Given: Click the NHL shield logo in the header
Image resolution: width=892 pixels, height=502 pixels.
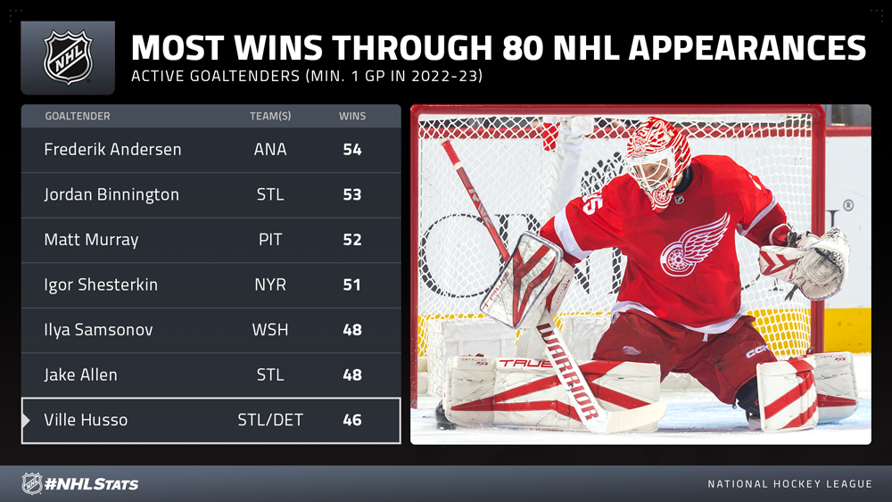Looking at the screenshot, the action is [69, 57].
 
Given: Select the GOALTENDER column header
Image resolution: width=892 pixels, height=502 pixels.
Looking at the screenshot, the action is [78, 116].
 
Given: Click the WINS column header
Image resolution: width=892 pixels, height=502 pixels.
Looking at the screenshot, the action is [352, 116].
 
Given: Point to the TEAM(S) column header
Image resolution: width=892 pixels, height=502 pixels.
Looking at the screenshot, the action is [270, 116].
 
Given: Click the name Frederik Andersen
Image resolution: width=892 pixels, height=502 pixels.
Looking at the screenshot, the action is [112, 150].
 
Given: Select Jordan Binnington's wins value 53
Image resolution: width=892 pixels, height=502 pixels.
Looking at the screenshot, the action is [352, 194].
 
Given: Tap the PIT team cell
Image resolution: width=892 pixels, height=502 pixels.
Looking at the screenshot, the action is [270, 239].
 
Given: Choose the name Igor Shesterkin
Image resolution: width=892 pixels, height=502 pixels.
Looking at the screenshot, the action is [101, 284].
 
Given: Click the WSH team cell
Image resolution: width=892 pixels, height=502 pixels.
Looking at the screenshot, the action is [270, 330].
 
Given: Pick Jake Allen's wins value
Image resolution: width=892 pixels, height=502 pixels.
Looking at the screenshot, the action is [352, 374].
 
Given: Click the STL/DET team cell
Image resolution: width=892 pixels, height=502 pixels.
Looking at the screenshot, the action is [270, 420].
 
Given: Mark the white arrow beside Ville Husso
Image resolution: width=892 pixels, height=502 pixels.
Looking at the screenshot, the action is [26, 420].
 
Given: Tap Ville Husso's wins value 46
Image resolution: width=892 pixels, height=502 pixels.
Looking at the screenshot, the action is [352, 420].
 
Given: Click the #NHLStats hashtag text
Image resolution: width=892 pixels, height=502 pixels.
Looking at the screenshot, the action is [92, 484].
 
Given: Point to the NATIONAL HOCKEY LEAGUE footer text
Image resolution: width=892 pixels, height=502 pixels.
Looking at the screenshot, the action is [789, 484].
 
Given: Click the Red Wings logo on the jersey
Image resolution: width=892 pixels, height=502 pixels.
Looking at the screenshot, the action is [695, 245].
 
